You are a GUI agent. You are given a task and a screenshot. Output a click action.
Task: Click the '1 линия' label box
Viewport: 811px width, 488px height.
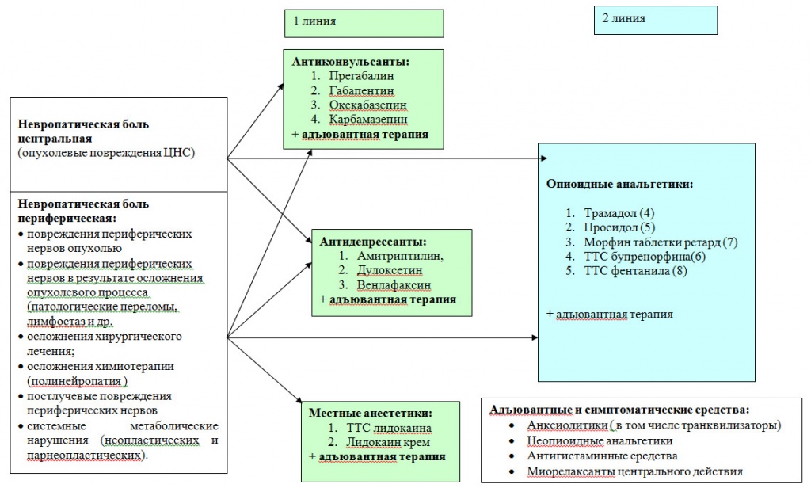[364, 23]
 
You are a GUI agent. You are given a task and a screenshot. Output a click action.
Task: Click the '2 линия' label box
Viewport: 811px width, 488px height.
[655, 20]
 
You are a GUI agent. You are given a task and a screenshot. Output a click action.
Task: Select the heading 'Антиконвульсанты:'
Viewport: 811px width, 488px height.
[354, 61]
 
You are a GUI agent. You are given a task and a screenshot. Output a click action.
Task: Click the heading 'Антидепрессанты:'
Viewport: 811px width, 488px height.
[373, 242]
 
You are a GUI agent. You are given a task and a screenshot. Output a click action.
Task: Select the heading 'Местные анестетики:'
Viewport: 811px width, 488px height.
[371, 413]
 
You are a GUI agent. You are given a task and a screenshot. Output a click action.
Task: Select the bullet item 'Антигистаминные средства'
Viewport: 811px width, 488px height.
[602, 456]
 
